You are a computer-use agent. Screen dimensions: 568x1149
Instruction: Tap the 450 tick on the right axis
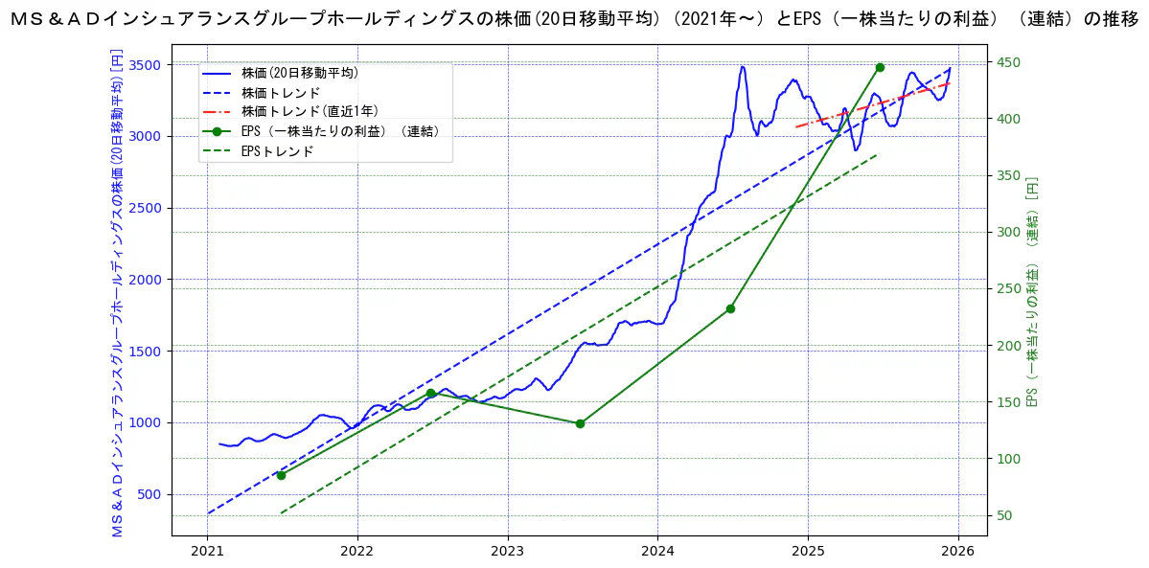(x=1008, y=63)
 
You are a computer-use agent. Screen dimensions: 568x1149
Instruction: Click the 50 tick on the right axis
(x=1004, y=515)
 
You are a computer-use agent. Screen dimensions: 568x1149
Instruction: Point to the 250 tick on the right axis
(x=1008, y=289)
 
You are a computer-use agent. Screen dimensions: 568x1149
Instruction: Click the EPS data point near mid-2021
(x=281, y=475)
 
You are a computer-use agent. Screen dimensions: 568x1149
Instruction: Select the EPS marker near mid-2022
(x=430, y=394)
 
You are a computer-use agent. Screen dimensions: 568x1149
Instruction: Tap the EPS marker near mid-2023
(x=580, y=423)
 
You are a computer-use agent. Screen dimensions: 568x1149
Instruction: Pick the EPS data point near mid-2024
(x=730, y=308)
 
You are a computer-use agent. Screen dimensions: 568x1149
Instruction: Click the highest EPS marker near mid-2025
(x=880, y=67)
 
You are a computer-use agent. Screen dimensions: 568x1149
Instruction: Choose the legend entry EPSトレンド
(x=277, y=151)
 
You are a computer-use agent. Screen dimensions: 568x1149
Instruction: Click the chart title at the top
(x=574, y=21)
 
